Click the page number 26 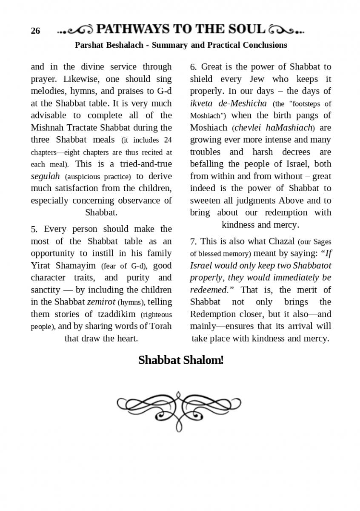[x=35, y=31]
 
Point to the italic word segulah [x=45, y=176]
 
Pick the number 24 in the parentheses [x=168, y=140]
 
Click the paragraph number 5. [x=34, y=230]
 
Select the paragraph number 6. [x=193, y=67]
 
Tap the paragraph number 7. [x=193, y=242]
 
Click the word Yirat [x=41, y=266]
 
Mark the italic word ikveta [x=203, y=103]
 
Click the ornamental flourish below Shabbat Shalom [x=179, y=410]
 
